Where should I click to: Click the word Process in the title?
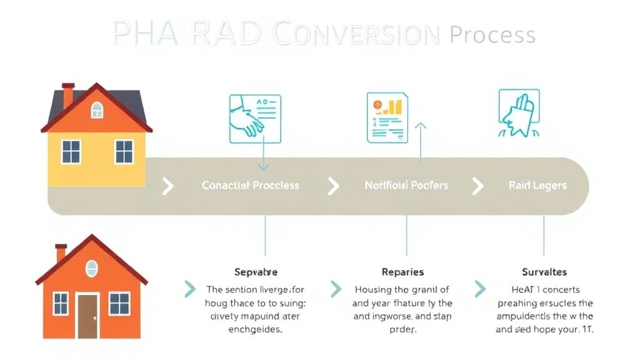pyautogui.click(x=492, y=34)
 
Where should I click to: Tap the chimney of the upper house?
pyautogui.click(x=68, y=94)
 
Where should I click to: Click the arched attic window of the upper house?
pyautogui.click(x=97, y=111)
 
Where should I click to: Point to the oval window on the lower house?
pyautogui.click(x=92, y=268)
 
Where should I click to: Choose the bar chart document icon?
pyautogui.click(x=387, y=117)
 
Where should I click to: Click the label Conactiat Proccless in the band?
pyautogui.click(x=250, y=186)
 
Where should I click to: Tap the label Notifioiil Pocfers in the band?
pyautogui.click(x=406, y=186)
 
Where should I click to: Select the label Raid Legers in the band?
pyautogui.click(x=537, y=186)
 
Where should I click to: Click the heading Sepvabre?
pyautogui.click(x=256, y=272)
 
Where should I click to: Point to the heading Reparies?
pyautogui.click(x=402, y=272)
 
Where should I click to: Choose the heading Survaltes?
pyautogui.click(x=544, y=272)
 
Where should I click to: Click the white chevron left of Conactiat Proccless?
pyautogui.click(x=167, y=186)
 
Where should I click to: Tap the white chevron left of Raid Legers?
pyautogui.click(x=477, y=186)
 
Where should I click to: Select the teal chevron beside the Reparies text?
pyautogui.click(x=336, y=289)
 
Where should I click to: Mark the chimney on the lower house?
pyautogui.click(x=61, y=252)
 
